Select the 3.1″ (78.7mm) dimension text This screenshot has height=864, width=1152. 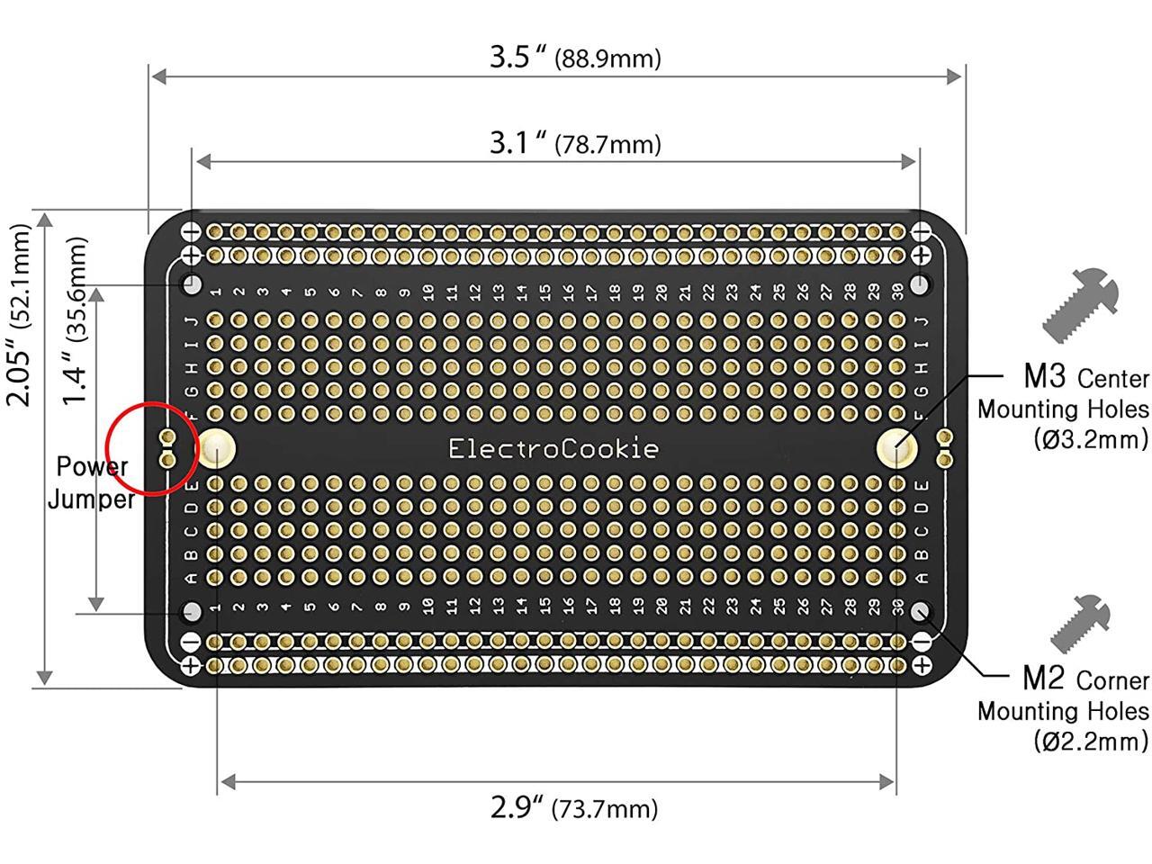click(575, 143)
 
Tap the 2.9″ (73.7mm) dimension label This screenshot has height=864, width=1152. click(573, 807)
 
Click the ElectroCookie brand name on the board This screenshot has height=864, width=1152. click(553, 448)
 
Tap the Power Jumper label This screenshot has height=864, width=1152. click(91, 482)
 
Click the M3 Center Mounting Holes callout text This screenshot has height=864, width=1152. click(1063, 407)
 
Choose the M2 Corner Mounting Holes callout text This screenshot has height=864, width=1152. click(1063, 709)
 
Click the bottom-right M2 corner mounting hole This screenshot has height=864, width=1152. click(920, 612)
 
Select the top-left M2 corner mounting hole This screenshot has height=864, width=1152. click(192, 284)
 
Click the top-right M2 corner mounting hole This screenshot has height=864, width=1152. click(920, 284)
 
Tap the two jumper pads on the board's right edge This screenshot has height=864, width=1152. click(943, 448)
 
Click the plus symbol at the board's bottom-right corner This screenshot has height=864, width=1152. click(921, 666)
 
